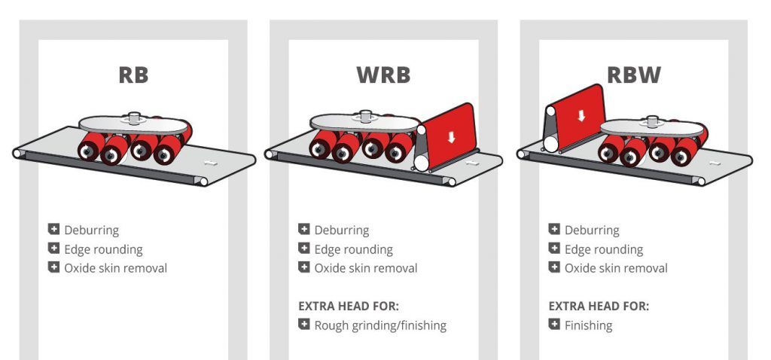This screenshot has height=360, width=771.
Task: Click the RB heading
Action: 133,75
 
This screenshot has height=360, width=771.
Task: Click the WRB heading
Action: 383,75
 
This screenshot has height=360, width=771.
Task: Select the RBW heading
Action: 634,75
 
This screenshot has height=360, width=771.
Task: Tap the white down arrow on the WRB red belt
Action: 451,137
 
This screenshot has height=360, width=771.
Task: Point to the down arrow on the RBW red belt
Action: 581,115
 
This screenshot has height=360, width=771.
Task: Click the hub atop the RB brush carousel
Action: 135,117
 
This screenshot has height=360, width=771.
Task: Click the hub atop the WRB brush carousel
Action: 367,117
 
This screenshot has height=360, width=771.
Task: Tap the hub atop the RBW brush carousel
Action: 649,121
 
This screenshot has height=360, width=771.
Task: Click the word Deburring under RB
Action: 91,230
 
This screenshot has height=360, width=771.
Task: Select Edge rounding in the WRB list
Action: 353,249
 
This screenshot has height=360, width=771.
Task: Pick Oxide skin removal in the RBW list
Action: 616,268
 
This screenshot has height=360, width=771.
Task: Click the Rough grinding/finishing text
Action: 380,325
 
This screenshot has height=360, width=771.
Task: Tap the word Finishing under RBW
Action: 588,325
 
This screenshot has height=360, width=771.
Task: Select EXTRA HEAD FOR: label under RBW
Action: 599,307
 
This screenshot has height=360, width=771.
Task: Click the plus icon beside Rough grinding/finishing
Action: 303,325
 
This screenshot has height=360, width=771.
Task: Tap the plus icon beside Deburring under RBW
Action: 554,230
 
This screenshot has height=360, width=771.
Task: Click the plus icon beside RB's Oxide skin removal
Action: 53,267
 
